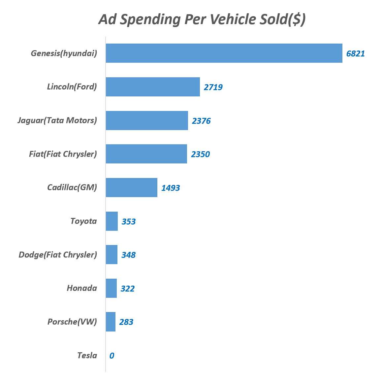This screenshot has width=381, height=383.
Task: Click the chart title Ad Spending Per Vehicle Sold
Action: pyautogui.click(x=202, y=19)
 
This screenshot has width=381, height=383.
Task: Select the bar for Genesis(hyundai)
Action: pyautogui.click(x=224, y=53)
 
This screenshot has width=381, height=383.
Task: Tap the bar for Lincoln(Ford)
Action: pyautogui.click(x=153, y=87)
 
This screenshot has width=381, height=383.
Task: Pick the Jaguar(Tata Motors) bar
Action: pyautogui.click(x=147, y=121)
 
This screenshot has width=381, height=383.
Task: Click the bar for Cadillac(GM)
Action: pyautogui.click(x=131, y=188)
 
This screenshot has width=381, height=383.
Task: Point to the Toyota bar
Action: pyautogui.click(x=112, y=221)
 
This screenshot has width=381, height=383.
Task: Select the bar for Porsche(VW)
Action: pyautogui.click(x=111, y=322)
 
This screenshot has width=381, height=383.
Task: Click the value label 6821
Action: pyautogui.click(x=356, y=53)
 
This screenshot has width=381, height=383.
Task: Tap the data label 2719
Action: pyautogui.click(x=213, y=87)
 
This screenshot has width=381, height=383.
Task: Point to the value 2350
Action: pyautogui.click(x=200, y=154)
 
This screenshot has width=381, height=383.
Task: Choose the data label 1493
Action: pyautogui.click(x=171, y=188)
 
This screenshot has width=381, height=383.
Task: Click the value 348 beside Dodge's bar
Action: pyautogui.click(x=128, y=255)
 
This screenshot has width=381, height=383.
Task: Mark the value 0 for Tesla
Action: pyautogui.click(x=112, y=356)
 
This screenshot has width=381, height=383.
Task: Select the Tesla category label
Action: pyautogui.click(x=87, y=355)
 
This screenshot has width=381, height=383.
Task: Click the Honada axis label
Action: pyautogui.click(x=82, y=288)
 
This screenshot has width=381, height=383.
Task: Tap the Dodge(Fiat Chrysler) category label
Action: pyautogui.click(x=58, y=255)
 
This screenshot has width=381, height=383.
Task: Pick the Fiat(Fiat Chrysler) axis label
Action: pyautogui.click(x=63, y=154)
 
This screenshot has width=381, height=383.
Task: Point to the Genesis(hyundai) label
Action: pyautogui.click(x=64, y=53)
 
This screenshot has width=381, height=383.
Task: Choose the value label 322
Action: pyautogui.click(x=128, y=289)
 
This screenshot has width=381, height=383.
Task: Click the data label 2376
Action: pyautogui.click(x=201, y=121)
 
